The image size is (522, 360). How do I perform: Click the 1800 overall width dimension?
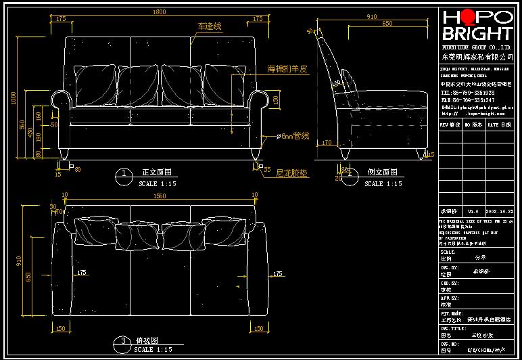point(159,12)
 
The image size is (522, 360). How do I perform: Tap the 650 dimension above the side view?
point(387,24)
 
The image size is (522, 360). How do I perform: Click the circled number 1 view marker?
point(124,174)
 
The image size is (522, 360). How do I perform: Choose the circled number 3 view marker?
point(124,341)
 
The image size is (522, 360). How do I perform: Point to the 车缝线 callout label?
point(210,26)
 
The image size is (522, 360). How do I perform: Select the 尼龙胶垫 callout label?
point(291,173)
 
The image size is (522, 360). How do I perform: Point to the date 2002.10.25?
point(500,212)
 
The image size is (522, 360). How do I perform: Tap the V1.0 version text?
point(473,212)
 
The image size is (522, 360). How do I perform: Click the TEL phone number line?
point(467,92)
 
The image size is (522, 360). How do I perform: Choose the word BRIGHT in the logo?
point(477,34)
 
